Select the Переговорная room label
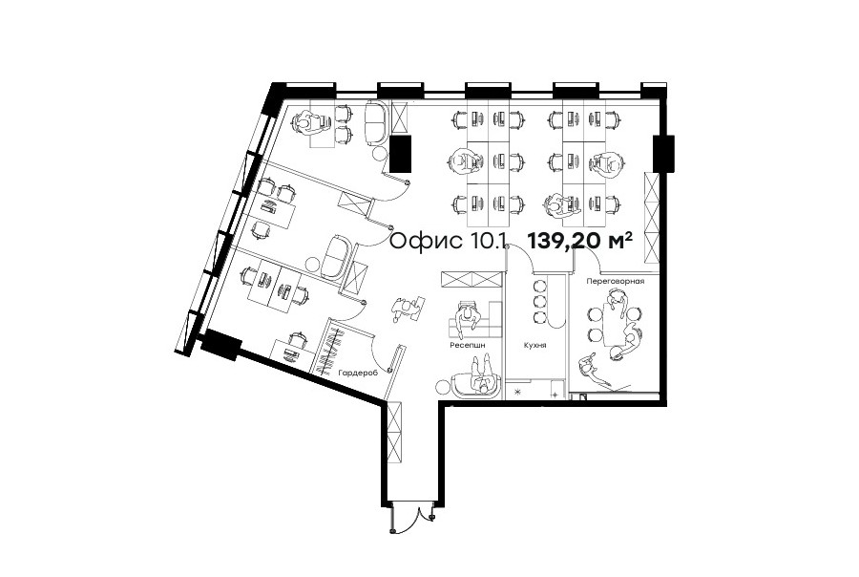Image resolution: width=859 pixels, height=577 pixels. click(616, 282)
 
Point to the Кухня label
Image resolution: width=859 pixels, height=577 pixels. click(534, 346)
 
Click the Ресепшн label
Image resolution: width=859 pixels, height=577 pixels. click(468, 346)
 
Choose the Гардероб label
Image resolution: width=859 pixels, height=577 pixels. click(358, 373)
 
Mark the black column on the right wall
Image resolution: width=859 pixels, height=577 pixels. click(663, 154)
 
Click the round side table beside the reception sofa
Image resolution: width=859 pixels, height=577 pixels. click(443, 388)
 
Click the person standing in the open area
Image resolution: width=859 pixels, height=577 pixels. click(405, 310)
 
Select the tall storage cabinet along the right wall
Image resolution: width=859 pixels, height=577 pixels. click(652, 218)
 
